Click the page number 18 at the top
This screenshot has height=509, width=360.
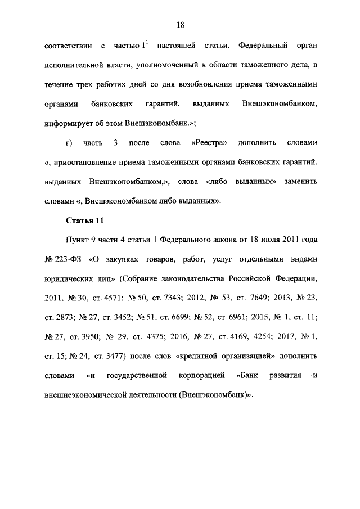[x=180, y=25]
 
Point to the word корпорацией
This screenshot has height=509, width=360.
[x=201, y=375]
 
